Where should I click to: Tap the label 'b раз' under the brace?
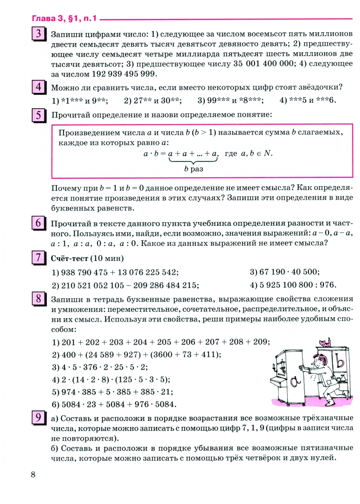[194, 169]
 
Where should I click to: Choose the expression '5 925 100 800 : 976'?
[293, 285]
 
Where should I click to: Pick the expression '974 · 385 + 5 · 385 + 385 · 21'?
[118, 392]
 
